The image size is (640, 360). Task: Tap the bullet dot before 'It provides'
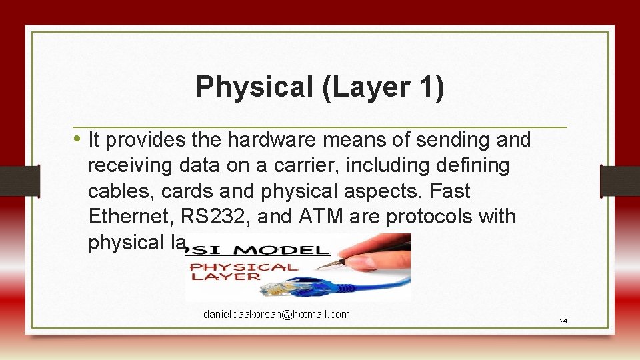tap(77, 139)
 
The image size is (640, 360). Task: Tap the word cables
tap(118, 191)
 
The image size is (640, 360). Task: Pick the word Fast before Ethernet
tap(450, 191)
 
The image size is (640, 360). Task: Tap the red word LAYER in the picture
tap(227, 275)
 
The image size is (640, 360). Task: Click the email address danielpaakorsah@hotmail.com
tap(276, 314)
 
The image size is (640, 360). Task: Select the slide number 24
tap(563, 321)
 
